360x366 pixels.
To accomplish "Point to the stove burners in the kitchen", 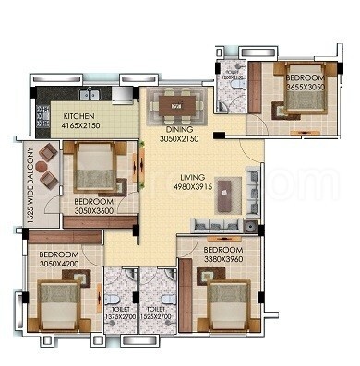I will tap(42, 114).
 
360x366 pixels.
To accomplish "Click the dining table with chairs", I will tap(175, 106).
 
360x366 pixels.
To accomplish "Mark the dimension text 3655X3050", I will tap(304, 86).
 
